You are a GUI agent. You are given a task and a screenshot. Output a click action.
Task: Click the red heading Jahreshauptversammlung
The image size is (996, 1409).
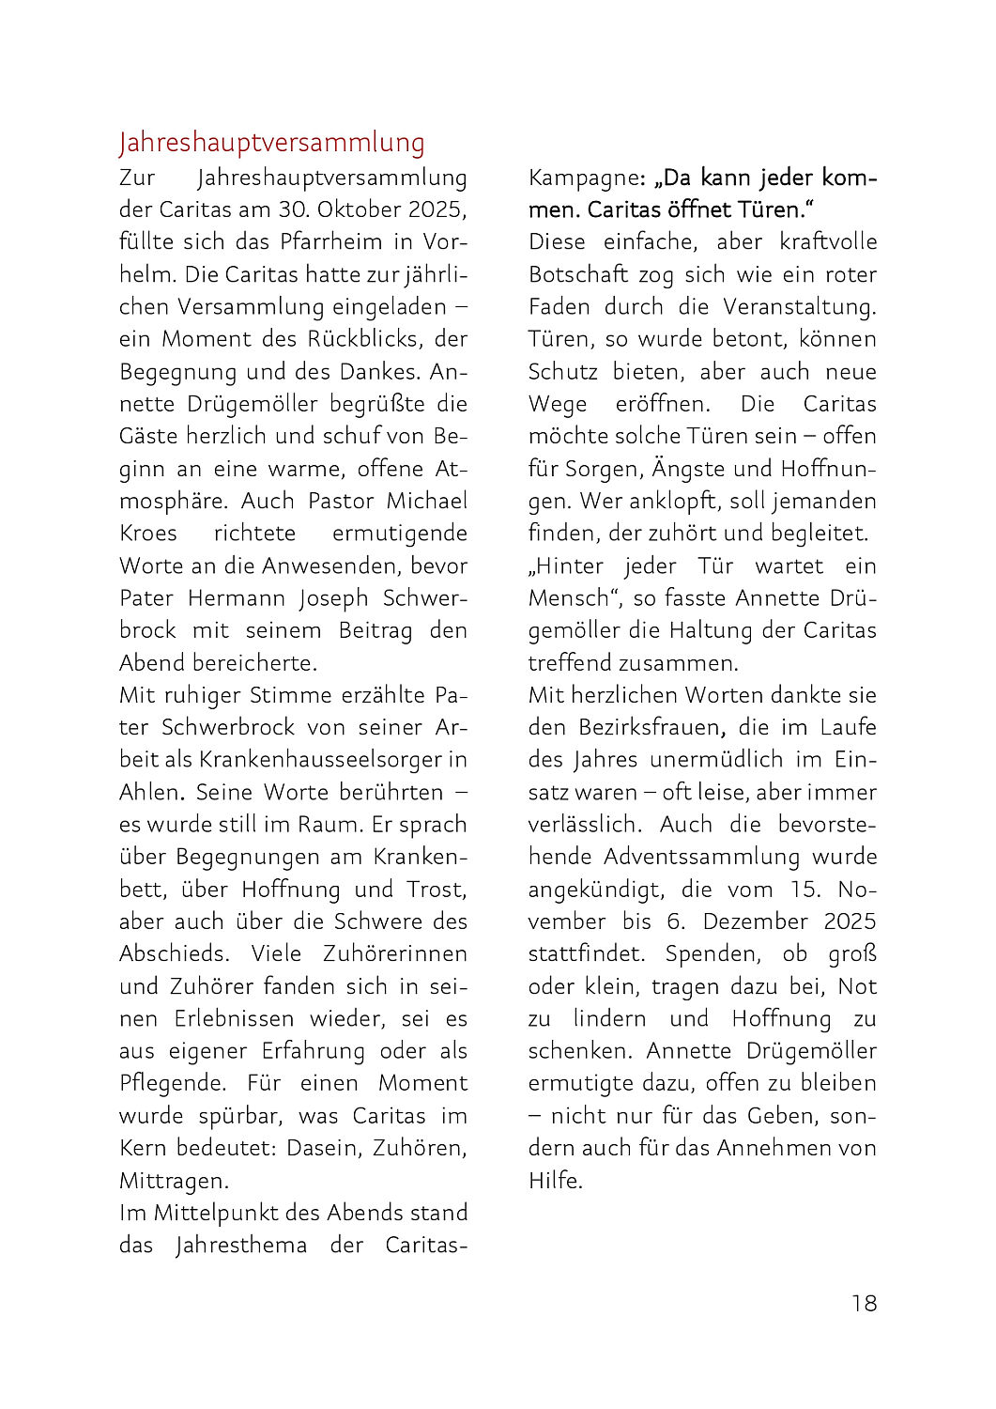point(271,143)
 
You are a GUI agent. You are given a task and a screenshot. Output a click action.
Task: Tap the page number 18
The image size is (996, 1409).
point(864,1303)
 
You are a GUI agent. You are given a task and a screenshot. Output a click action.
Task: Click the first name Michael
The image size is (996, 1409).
point(426,501)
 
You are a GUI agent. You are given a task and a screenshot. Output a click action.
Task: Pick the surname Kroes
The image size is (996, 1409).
point(147,533)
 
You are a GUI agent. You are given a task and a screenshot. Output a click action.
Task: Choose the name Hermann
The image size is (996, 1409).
point(238,597)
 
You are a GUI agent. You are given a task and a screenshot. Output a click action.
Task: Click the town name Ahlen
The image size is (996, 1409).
point(148,792)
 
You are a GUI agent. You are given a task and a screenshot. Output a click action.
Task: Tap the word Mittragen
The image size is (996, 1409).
point(172,1180)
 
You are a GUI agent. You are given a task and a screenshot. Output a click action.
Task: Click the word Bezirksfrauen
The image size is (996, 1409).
point(650,727)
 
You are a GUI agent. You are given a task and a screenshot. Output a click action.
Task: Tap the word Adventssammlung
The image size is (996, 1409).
point(701,857)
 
